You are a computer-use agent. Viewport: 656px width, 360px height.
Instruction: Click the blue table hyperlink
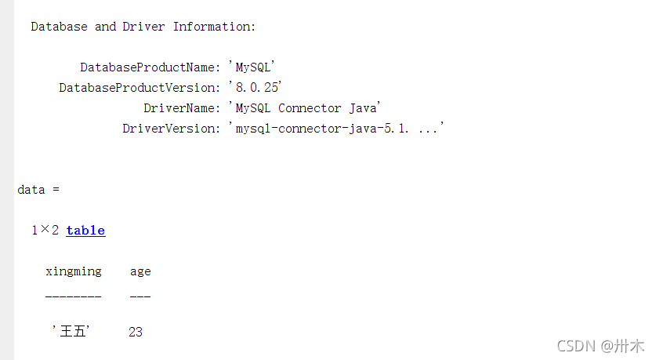coord(85,231)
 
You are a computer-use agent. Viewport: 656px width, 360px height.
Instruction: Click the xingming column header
coord(73,271)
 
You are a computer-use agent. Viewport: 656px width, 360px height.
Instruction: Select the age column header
coord(140,271)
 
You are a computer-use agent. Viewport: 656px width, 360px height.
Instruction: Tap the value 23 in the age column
coord(136,333)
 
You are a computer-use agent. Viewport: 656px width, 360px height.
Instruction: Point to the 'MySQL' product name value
coord(251,67)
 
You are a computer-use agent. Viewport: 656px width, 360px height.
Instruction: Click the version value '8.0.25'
coord(255,88)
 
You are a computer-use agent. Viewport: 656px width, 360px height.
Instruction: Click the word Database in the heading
coord(59,27)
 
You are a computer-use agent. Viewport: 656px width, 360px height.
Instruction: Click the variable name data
coord(31,190)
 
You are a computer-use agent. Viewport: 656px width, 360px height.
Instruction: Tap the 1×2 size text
coord(45,231)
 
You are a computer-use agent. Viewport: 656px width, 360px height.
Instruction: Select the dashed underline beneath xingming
coord(73,296)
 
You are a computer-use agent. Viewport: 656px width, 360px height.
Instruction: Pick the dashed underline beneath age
coord(140,296)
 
